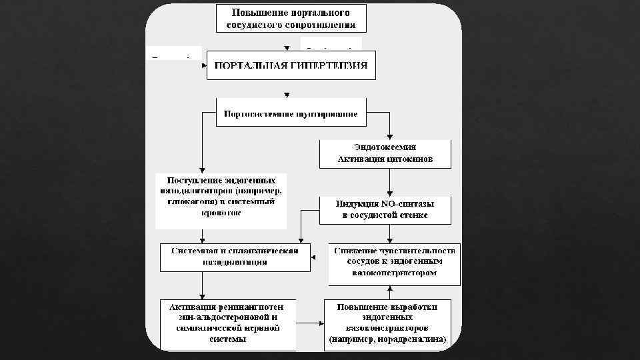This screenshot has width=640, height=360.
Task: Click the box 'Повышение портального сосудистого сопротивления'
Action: point(291,19)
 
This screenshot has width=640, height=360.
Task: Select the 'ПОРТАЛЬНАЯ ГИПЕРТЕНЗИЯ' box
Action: point(291,65)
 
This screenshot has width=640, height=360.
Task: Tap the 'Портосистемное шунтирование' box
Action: point(291,113)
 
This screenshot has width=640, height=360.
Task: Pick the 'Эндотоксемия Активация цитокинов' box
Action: point(385,153)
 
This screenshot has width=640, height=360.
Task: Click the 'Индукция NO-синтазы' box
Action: point(385,209)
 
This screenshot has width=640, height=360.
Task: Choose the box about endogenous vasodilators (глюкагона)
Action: point(221,199)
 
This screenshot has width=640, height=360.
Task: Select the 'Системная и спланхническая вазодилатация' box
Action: point(235,257)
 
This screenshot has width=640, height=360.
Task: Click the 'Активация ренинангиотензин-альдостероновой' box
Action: point(228,323)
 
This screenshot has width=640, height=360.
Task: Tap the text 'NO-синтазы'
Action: point(404,203)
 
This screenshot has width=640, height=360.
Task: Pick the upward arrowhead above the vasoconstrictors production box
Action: point(389,289)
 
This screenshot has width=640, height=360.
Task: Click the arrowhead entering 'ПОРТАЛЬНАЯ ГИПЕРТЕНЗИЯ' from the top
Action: point(287,49)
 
